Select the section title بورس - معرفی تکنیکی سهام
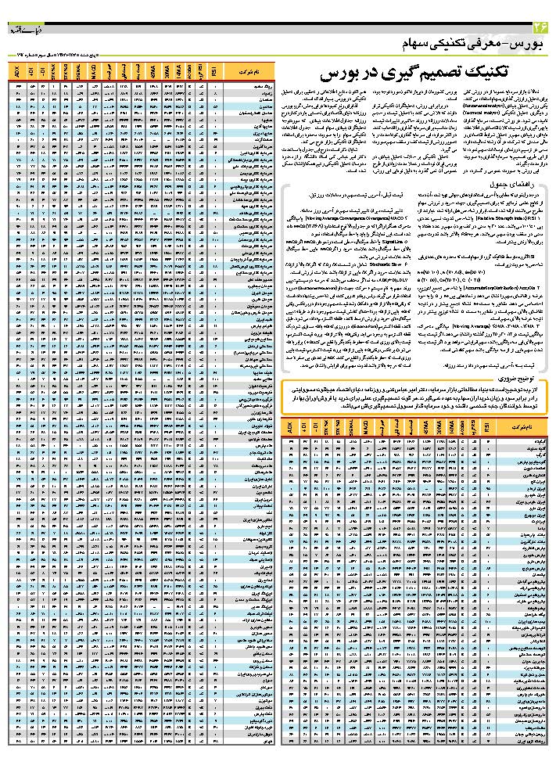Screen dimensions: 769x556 click(476, 41)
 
